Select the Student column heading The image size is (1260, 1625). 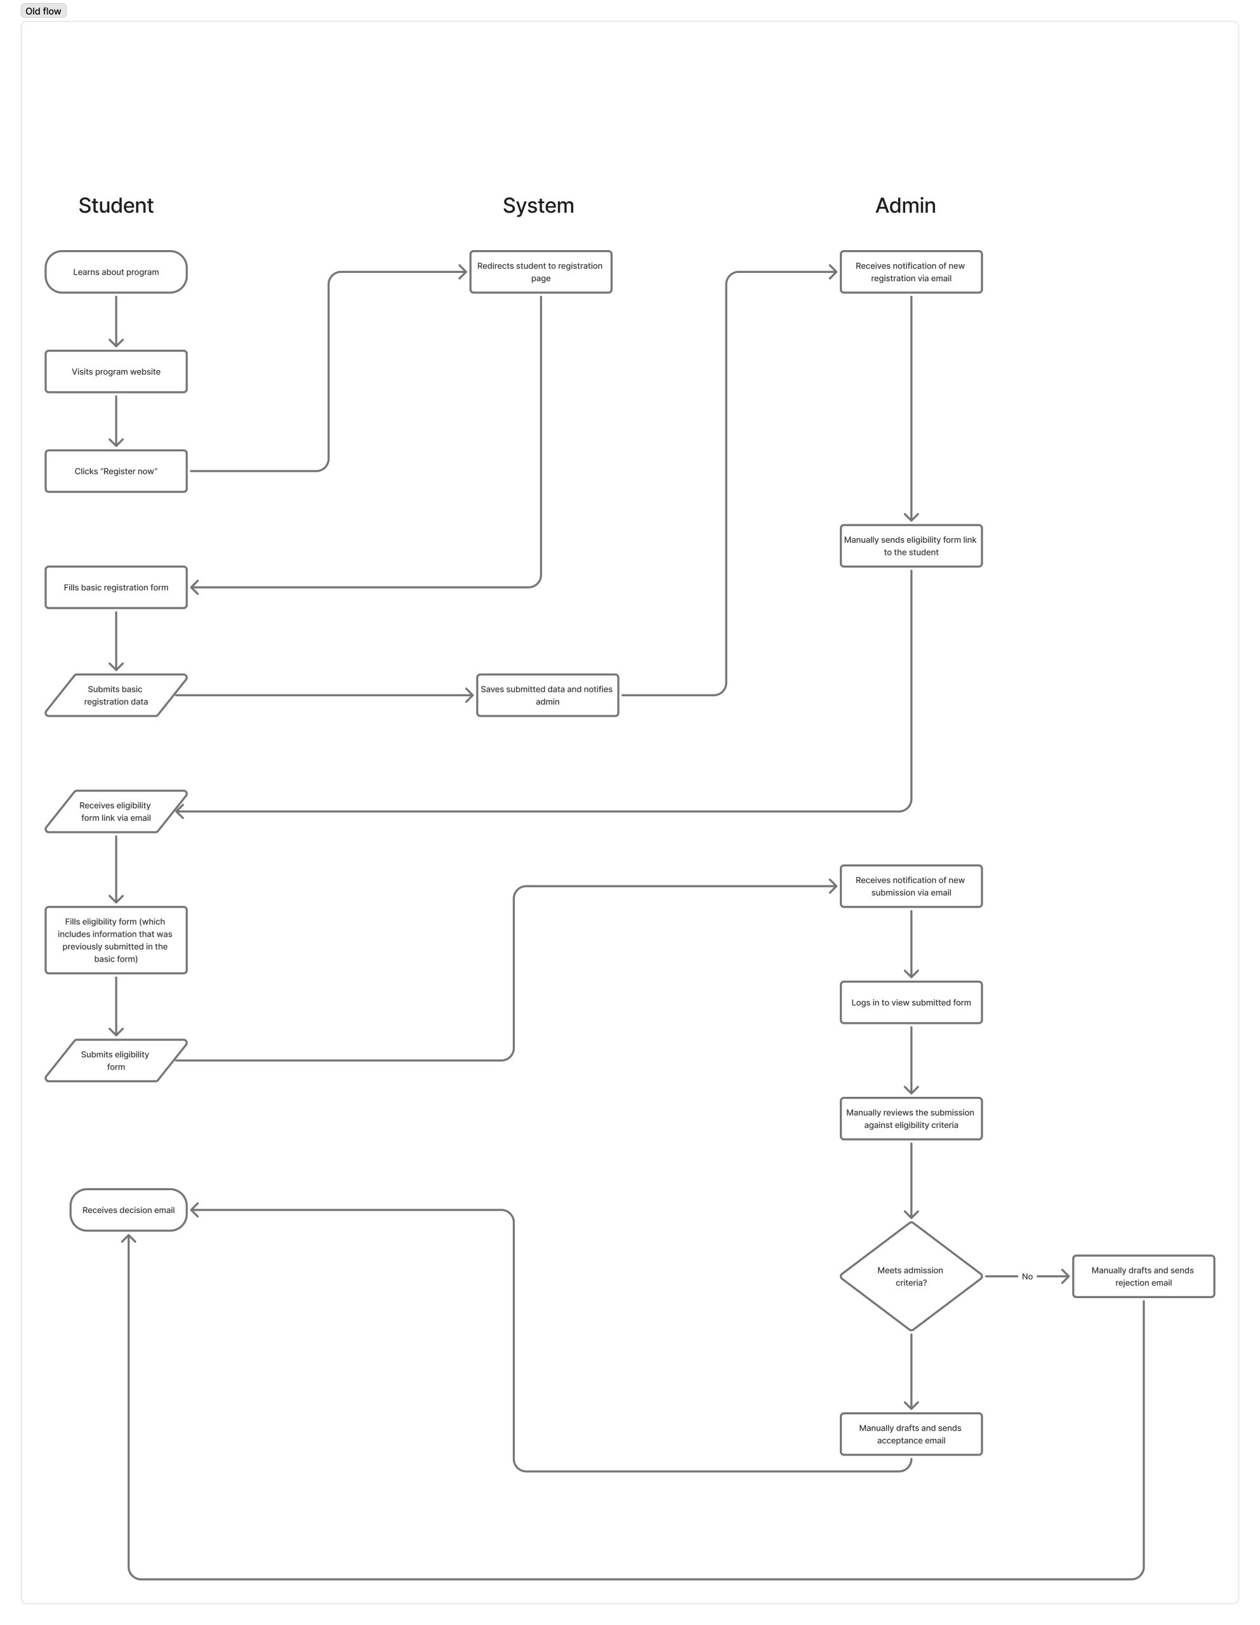[x=116, y=206]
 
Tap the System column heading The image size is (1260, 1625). [x=538, y=206]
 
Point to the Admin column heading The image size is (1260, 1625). [x=905, y=206]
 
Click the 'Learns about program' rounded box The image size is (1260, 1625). [x=116, y=272]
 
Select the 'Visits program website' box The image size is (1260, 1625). [x=116, y=372]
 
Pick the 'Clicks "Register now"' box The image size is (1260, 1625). [x=116, y=471]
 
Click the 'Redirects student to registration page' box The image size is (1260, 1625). [x=540, y=272]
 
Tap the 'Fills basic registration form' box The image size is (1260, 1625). [x=116, y=588]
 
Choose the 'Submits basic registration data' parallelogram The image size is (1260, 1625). [x=116, y=696]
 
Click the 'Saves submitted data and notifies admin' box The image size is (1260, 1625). [x=547, y=696]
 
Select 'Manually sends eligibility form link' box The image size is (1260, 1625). [x=911, y=546]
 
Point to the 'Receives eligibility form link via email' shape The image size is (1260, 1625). [x=116, y=812]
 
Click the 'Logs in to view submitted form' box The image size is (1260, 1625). [x=911, y=1003]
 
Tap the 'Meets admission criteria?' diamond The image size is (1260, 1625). [x=911, y=1277]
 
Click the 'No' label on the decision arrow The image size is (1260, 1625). [x=1027, y=1277]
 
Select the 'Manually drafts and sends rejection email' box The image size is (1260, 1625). [x=1143, y=1277]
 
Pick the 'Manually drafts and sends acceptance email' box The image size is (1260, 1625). [x=911, y=1435]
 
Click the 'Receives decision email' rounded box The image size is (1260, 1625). [x=129, y=1210]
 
